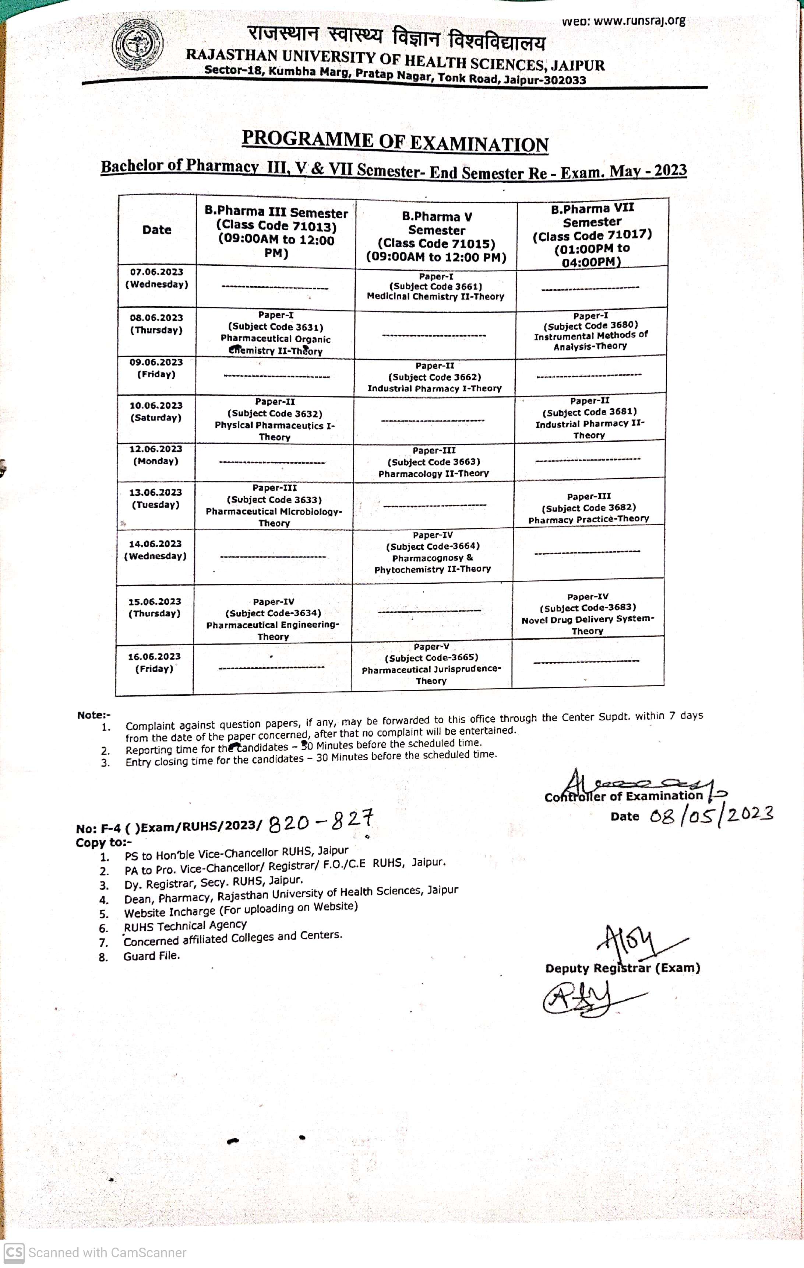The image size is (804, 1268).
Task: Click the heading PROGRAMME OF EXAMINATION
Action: [x=395, y=141]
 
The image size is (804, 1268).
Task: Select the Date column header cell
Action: [x=157, y=230]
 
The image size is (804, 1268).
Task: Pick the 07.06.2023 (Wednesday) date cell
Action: [x=157, y=278]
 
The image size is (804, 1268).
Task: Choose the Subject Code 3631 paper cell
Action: [x=275, y=333]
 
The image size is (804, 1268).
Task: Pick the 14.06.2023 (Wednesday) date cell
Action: [x=155, y=550]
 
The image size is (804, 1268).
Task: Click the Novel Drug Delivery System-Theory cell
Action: [x=588, y=614]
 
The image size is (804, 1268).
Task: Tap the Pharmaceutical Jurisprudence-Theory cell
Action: [x=431, y=664]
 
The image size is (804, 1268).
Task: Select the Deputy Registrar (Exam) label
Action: [x=623, y=968]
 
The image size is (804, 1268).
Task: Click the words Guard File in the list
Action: [x=152, y=956]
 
